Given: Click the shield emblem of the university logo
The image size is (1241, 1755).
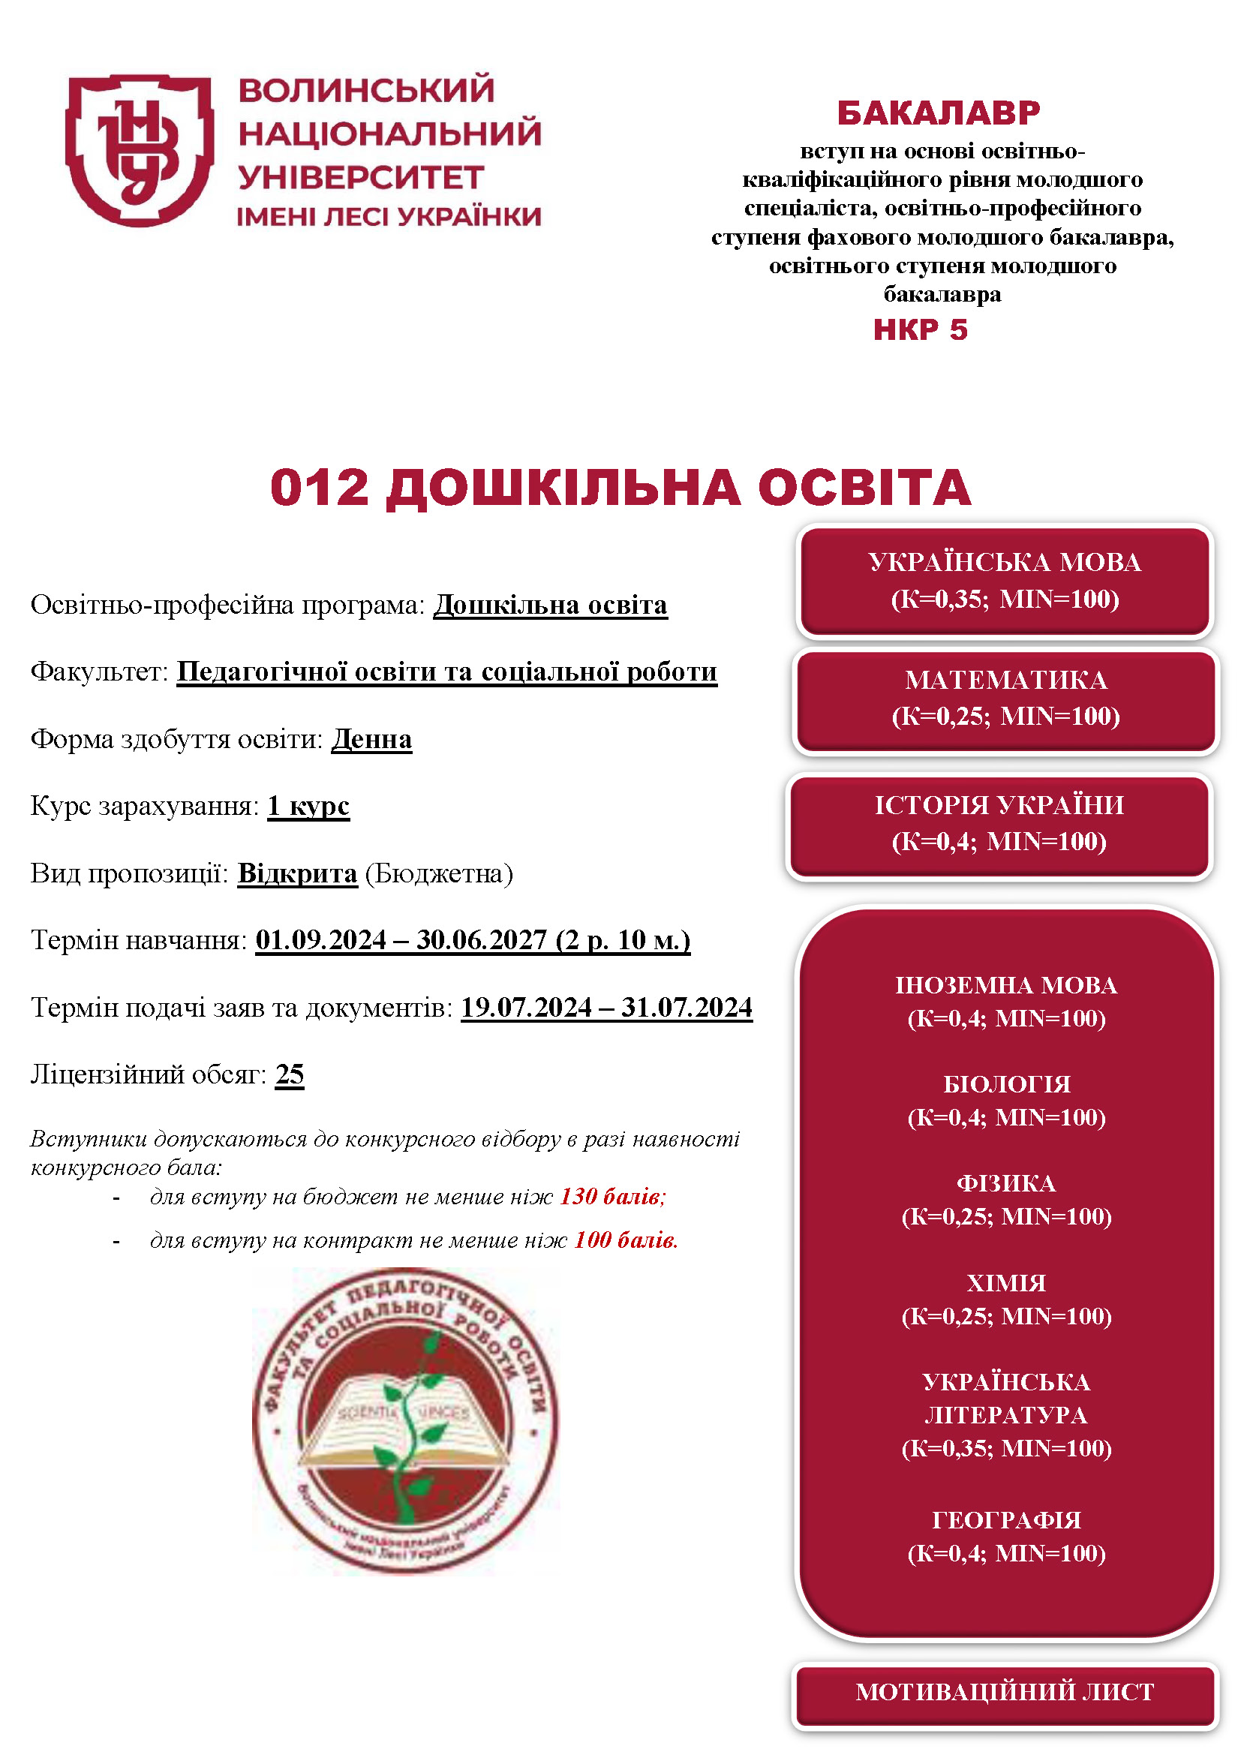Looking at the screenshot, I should (x=139, y=150).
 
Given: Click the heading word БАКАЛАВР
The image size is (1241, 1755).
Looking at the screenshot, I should (x=939, y=113).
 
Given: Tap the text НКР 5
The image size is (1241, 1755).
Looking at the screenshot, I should (x=920, y=330).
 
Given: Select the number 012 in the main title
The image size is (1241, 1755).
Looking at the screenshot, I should (x=320, y=488).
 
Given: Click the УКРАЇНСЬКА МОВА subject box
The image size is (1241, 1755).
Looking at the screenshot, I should (x=1004, y=581).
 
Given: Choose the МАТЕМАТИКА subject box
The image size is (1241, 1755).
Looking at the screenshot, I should (x=1005, y=699).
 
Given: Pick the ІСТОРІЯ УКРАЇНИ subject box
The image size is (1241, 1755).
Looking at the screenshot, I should (x=999, y=824).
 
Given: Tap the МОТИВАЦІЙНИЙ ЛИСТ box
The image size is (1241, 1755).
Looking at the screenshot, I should (x=1004, y=1691).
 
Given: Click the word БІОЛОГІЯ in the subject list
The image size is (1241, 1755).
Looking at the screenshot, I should (x=1006, y=1084).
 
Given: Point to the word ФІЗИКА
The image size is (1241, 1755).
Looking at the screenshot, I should (x=1005, y=1183).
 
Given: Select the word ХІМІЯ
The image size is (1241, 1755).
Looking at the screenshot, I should (x=1005, y=1282).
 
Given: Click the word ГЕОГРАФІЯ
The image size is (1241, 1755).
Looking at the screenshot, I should (x=1006, y=1519).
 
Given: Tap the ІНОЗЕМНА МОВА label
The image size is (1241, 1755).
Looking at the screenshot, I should (x=1005, y=985).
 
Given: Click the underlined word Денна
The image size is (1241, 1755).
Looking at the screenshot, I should (x=371, y=739).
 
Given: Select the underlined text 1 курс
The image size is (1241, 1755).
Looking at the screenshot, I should (x=308, y=806).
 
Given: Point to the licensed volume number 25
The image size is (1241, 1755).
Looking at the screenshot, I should (x=290, y=1074).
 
